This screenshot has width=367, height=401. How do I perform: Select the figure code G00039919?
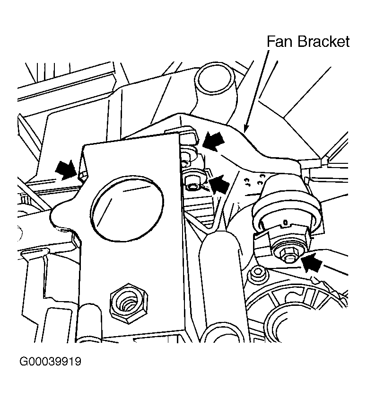[51, 362]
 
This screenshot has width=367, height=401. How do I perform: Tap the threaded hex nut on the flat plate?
[128, 305]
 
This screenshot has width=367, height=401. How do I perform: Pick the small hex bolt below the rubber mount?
[257, 273]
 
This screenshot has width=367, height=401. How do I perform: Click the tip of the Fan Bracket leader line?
[245, 129]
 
